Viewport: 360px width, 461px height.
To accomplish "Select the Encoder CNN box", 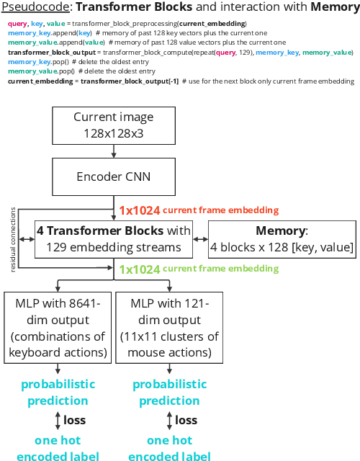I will point(114,176).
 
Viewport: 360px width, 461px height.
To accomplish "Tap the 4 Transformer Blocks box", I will point(114,239).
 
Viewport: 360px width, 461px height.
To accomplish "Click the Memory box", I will point(282,239).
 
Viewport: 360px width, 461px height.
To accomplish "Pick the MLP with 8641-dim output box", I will point(58,325).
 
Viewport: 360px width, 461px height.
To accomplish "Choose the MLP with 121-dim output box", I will point(169,325).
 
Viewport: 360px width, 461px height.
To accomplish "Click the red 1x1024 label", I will point(140,210).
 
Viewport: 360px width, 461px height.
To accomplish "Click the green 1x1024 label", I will point(140,269).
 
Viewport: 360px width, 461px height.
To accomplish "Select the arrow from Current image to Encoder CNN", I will point(114,151).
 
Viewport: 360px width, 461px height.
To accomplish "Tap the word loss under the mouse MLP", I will point(186,420).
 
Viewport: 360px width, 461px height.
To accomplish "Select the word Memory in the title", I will point(330,8).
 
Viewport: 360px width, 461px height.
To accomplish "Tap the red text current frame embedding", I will point(220,210).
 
